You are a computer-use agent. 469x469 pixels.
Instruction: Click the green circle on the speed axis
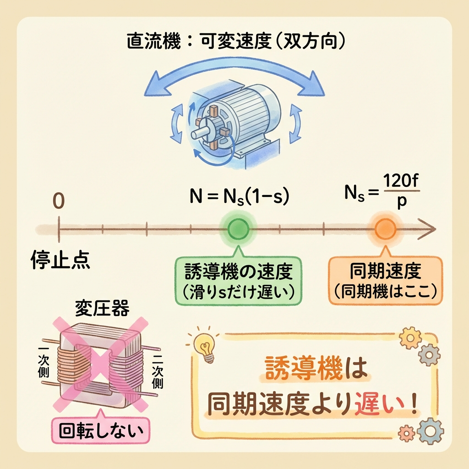tap(238, 226)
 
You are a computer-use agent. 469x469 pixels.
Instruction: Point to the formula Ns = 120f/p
tap(382, 193)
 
